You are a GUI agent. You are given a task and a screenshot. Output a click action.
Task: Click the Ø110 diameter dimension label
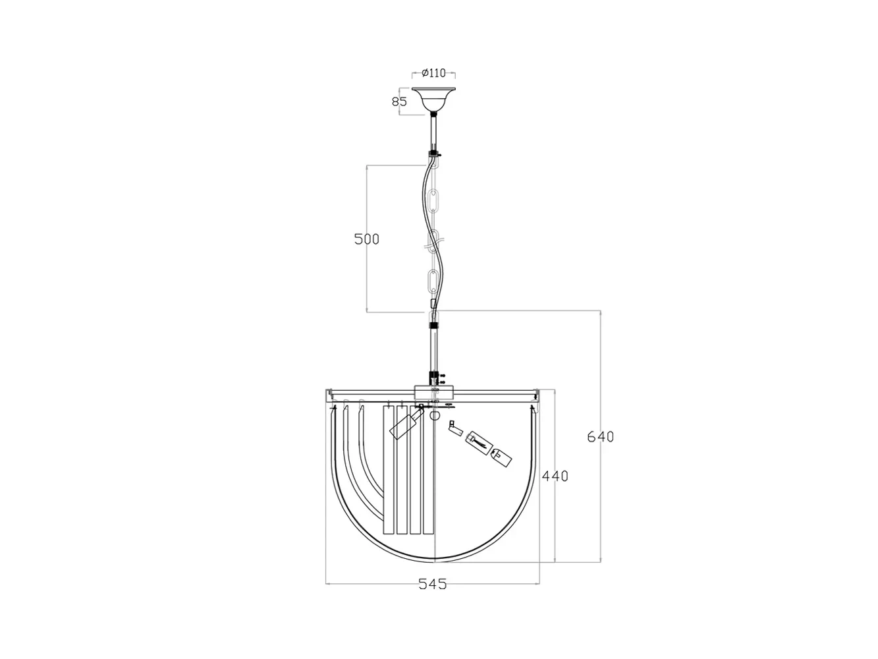point(433,73)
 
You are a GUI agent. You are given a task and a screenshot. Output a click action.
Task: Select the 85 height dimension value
point(398,101)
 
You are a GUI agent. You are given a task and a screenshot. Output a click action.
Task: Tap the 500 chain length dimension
point(366,239)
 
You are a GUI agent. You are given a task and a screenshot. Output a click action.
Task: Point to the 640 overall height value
point(600,436)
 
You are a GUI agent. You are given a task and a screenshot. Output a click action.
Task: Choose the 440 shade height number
point(555,476)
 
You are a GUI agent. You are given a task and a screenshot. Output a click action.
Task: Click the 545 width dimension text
point(432,584)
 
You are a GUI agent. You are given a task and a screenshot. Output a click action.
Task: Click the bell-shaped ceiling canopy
point(433,100)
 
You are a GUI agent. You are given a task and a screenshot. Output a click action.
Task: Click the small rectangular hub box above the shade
point(433,392)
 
